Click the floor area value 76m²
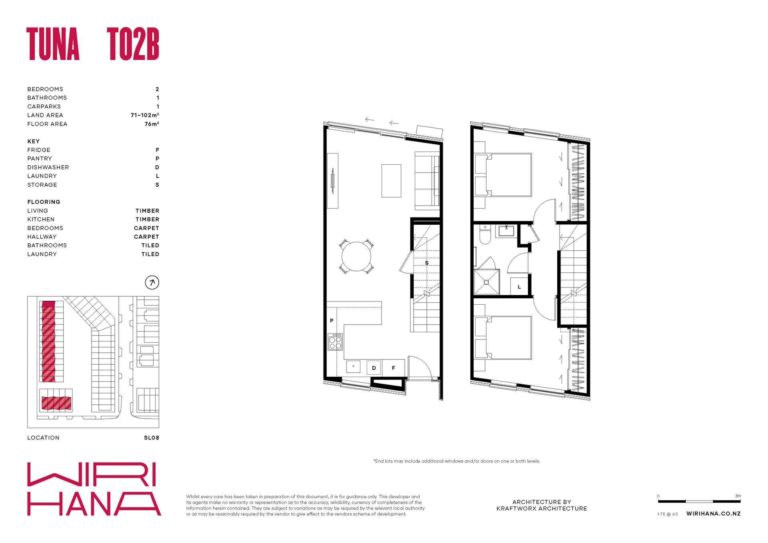[152, 124]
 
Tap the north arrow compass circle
[152, 283]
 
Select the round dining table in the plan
[356, 256]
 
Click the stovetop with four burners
[335, 342]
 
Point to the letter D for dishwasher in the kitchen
[374, 368]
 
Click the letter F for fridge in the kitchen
[394, 368]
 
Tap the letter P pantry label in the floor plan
[332, 321]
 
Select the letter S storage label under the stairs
[427, 263]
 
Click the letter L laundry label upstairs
[519, 287]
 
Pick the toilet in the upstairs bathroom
[485, 235]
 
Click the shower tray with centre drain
[486, 282]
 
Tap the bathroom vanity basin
[506, 231]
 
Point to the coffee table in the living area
[391, 181]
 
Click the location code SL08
[152, 438]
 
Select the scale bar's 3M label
[738, 496]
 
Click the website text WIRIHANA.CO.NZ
[714, 514]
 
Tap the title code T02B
[133, 44]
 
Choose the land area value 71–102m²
[145, 115]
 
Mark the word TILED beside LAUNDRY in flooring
[150, 254]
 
